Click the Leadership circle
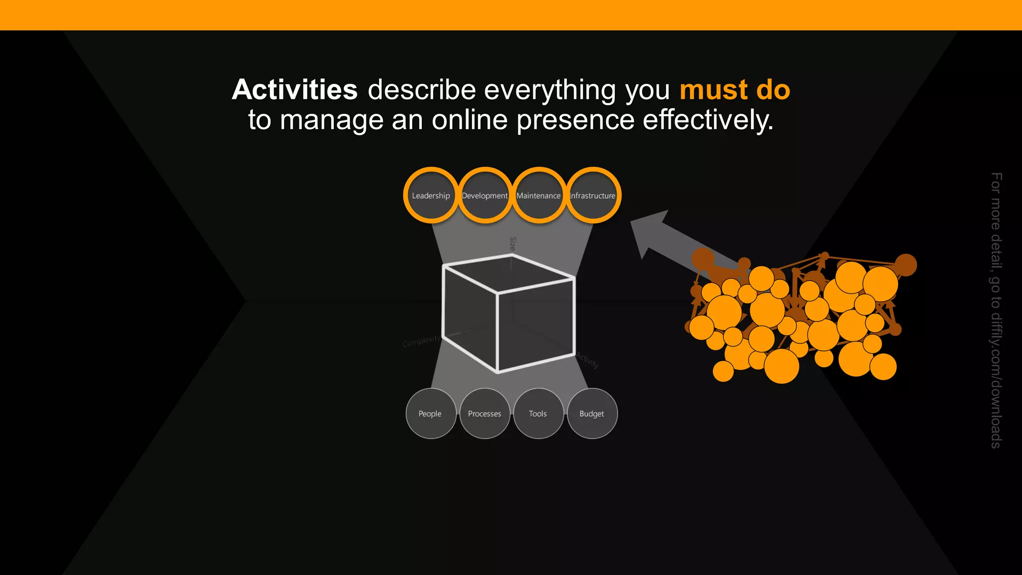(431, 195)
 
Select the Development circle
(485, 195)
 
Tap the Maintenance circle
(538, 195)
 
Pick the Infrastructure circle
(593, 195)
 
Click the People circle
(430, 413)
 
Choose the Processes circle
(485, 413)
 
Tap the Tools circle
(538, 413)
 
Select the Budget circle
(592, 413)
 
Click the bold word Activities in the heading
(295, 90)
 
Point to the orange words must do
(735, 90)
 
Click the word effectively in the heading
(708, 120)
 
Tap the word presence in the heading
(575, 120)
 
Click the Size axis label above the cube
(512, 244)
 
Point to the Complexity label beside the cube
(422, 341)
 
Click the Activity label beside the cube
(588, 359)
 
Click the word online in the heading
(470, 120)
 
